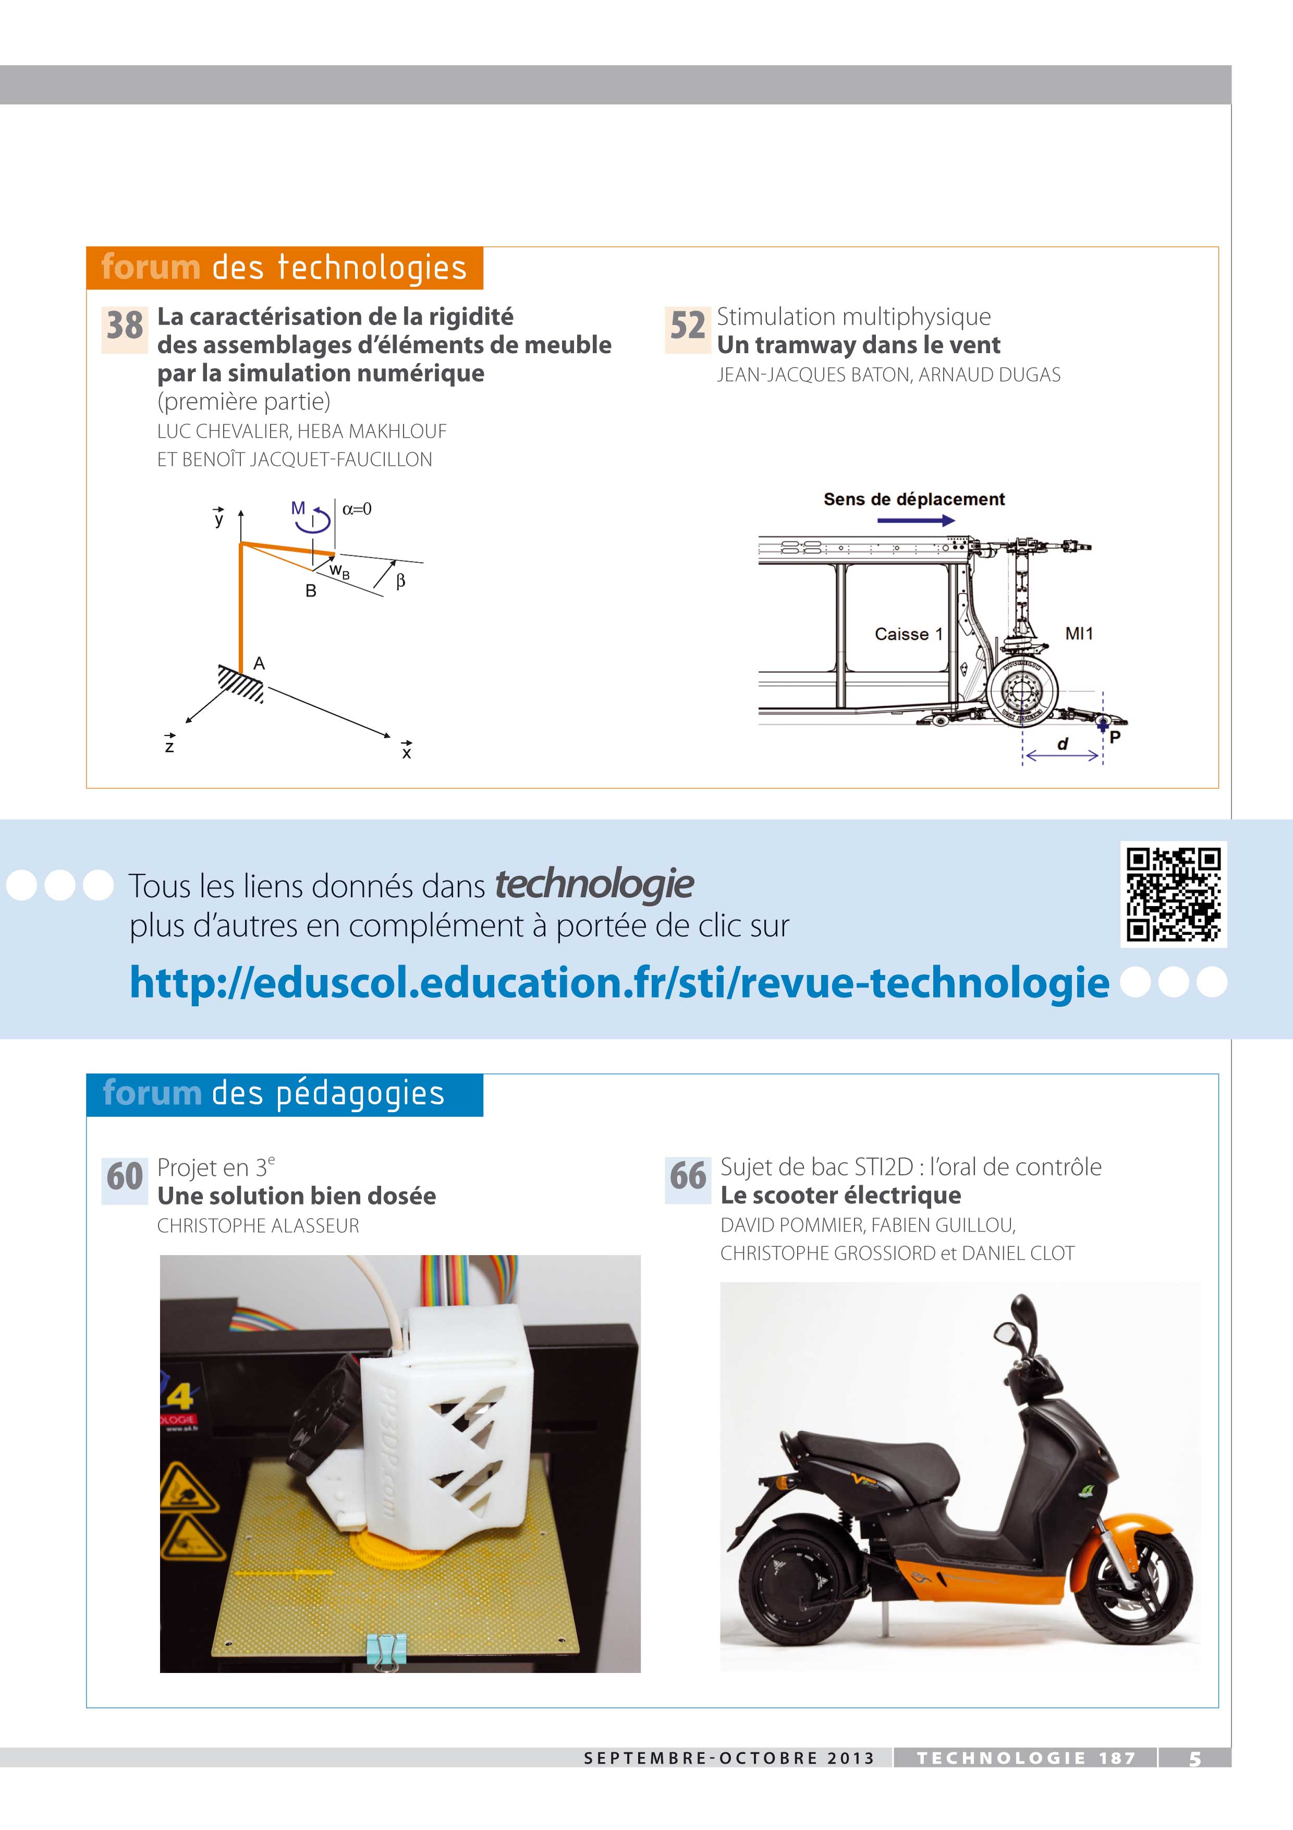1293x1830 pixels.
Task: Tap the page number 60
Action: pyautogui.click(x=125, y=1176)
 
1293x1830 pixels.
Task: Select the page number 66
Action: pyautogui.click(x=688, y=1176)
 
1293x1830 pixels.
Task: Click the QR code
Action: pyautogui.click(x=1174, y=894)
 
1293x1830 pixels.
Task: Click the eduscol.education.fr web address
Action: pyautogui.click(x=619, y=983)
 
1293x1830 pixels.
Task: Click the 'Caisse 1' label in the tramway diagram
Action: pyautogui.click(x=908, y=634)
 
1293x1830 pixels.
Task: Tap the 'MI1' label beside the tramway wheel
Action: pyautogui.click(x=1079, y=634)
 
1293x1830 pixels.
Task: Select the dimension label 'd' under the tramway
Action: pyautogui.click(x=1062, y=744)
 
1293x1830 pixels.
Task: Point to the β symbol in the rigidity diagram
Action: pyautogui.click(x=401, y=581)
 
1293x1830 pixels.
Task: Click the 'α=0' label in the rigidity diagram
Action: pyautogui.click(x=357, y=509)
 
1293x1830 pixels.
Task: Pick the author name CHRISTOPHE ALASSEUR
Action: pyautogui.click(x=258, y=1226)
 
